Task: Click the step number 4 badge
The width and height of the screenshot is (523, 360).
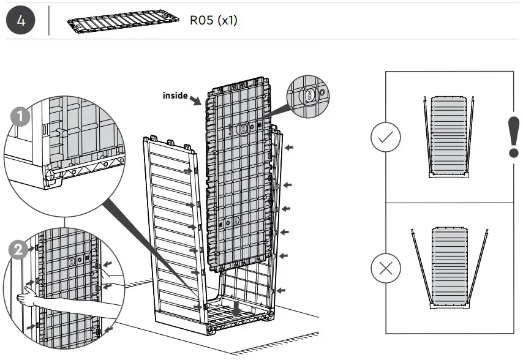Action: (21, 20)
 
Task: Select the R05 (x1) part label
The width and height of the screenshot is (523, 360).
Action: (213, 21)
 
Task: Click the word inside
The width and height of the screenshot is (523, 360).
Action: (175, 95)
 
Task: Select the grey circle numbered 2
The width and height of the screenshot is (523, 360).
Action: (19, 250)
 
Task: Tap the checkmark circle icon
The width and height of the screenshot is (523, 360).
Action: (386, 139)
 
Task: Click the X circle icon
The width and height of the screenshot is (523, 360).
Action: (386, 268)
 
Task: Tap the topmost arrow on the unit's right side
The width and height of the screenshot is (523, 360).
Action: (290, 148)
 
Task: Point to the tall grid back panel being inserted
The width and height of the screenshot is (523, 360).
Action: (239, 178)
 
